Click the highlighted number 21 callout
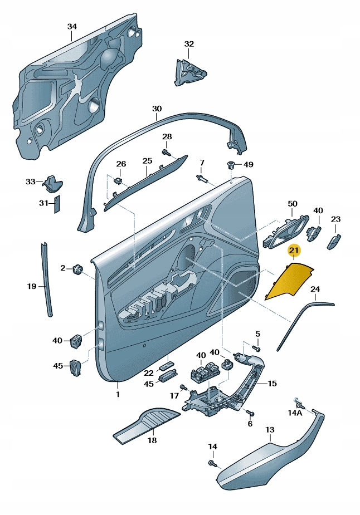tap(294, 252)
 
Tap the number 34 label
tap(72, 26)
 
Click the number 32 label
tap(189, 44)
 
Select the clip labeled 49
tap(231, 165)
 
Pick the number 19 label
tap(32, 286)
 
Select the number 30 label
tap(157, 109)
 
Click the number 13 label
tap(270, 430)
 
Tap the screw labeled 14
tap(212, 463)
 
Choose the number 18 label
tap(152, 440)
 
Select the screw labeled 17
tap(182, 387)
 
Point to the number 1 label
tap(118, 394)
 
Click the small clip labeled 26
tap(118, 180)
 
